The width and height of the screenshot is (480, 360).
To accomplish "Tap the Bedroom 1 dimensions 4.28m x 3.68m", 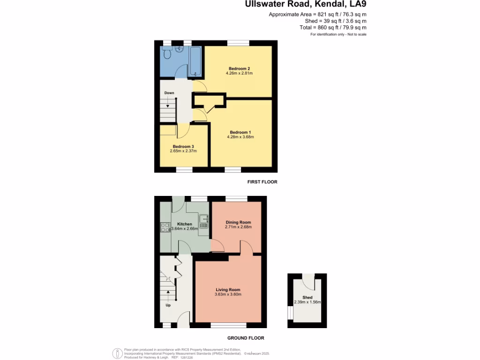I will [x=240, y=137].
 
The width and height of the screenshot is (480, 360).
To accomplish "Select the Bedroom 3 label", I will [x=183, y=146].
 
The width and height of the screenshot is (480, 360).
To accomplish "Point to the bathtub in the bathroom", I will [x=195, y=61].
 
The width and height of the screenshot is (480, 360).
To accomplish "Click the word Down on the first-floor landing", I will [x=169, y=93].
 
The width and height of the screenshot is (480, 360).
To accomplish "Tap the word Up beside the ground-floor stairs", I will [x=168, y=305].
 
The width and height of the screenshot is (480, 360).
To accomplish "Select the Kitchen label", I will [x=184, y=224].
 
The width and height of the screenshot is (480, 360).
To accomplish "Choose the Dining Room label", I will [x=239, y=222].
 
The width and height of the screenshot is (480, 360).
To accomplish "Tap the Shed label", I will [x=307, y=298].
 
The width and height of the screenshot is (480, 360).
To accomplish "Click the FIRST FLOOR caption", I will [x=262, y=181].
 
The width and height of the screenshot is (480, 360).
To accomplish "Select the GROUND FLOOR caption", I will [x=246, y=338].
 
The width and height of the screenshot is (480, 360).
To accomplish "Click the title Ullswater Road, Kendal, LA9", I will [x=306, y=5].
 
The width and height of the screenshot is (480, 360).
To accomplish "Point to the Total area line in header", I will [x=333, y=28].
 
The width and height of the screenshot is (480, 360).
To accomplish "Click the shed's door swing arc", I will [x=307, y=281].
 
